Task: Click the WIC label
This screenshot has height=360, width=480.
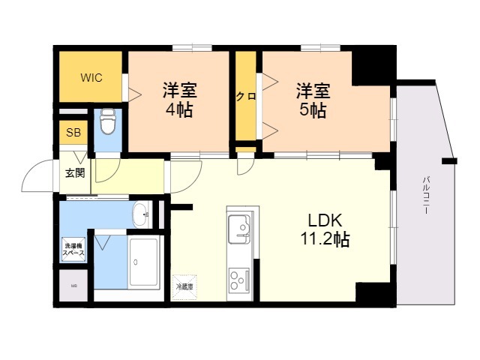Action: tap(91, 77)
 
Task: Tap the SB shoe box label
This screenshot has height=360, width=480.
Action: tap(73, 133)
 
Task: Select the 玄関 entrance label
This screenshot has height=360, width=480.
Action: tap(74, 173)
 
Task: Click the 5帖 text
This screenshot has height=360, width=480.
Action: tap(312, 110)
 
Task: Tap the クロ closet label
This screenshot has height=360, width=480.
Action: tap(244, 96)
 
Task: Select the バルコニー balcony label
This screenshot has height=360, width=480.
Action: tap(425, 195)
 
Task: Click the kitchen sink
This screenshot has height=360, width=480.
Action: tap(240, 226)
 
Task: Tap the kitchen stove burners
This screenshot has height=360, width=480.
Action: tap(240, 282)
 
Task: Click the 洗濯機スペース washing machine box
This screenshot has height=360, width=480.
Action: tap(73, 249)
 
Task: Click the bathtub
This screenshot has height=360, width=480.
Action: tap(145, 263)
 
